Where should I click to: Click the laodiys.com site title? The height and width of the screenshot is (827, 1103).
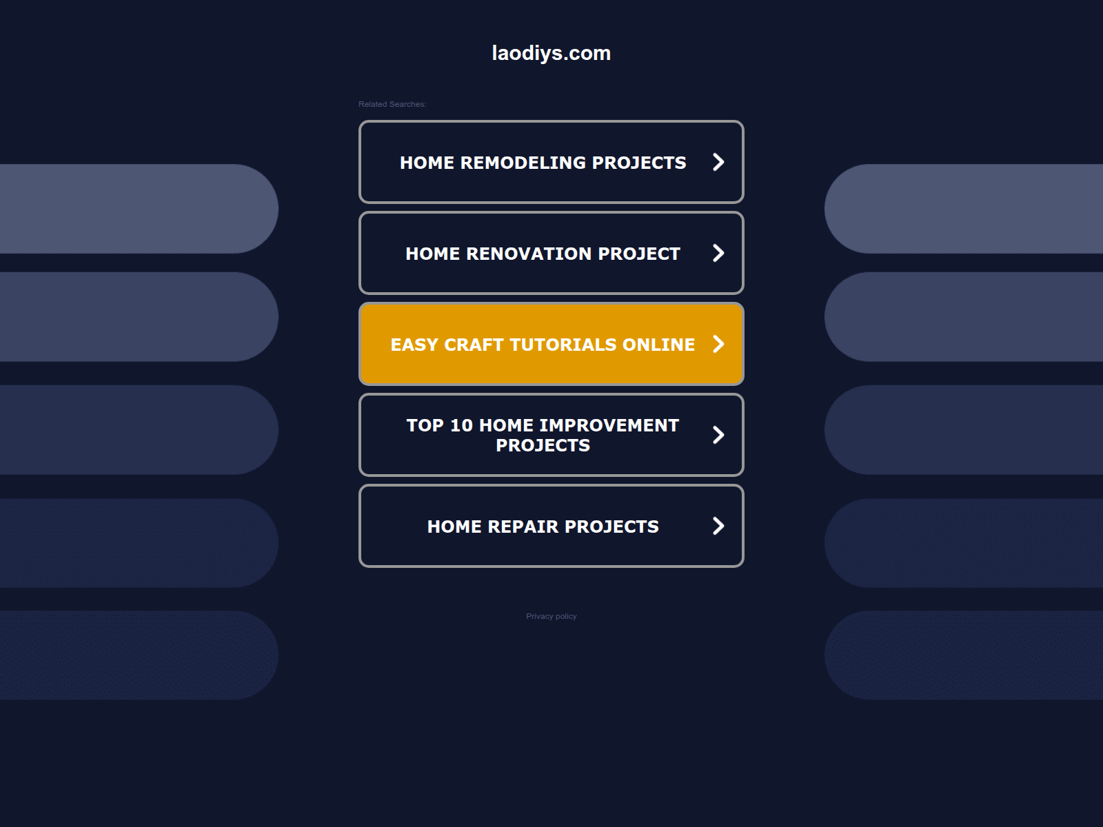[551, 53]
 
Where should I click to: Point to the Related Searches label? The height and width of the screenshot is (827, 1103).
[392, 104]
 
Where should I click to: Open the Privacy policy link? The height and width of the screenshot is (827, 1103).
[551, 616]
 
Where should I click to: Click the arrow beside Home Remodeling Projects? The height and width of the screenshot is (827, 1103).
[718, 162]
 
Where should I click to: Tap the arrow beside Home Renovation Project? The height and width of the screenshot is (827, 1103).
[718, 253]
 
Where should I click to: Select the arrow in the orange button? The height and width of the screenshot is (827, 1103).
[718, 344]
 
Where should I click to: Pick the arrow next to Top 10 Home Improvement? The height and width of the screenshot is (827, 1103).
[718, 435]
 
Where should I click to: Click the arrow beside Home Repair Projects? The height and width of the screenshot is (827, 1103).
[718, 526]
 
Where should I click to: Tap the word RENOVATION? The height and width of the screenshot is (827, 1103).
[529, 254]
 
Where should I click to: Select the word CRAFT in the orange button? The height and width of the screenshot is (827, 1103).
[474, 345]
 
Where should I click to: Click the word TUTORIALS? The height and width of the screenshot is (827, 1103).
[563, 345]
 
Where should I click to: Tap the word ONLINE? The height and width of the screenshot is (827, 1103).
[659, 345]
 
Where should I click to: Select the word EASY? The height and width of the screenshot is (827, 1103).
[414, 345]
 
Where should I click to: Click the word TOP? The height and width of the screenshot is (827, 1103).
[425, 425]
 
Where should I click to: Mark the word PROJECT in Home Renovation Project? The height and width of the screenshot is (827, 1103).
[638, 254]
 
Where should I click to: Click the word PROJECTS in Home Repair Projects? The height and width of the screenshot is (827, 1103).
[611, 527]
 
